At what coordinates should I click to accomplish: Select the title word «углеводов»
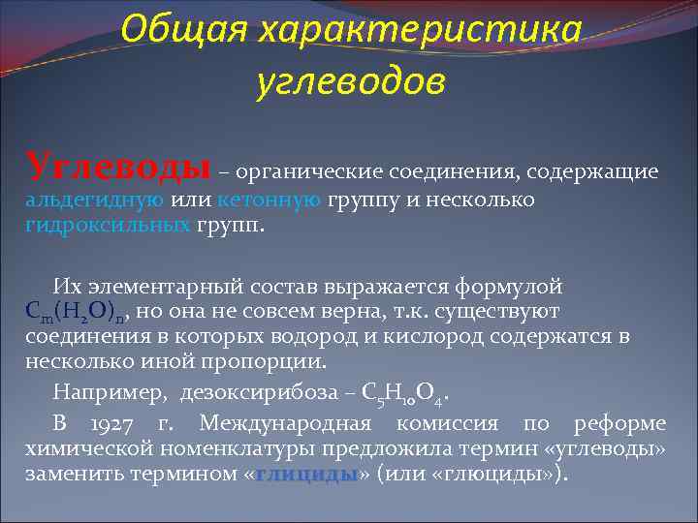(351, 83)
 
